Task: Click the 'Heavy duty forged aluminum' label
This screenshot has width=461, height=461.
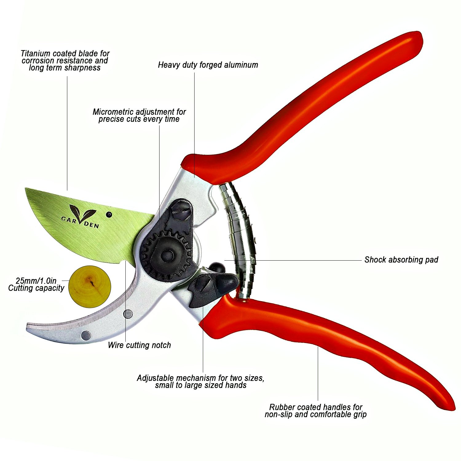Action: point(208,65)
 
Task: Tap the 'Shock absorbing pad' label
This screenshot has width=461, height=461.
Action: point(401,260)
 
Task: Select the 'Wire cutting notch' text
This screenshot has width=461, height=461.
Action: point(139,345)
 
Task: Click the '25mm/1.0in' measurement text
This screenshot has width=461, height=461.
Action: point(36,281)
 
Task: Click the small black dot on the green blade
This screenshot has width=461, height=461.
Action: point(108,215)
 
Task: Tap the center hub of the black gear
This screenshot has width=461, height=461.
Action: point(167,255)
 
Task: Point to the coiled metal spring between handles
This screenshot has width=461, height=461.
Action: point(241,240)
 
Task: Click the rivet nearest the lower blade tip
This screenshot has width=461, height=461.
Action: point(86,335)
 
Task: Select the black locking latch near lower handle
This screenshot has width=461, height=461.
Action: point(212,287)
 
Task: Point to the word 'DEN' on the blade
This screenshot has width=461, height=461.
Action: point(92,225)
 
